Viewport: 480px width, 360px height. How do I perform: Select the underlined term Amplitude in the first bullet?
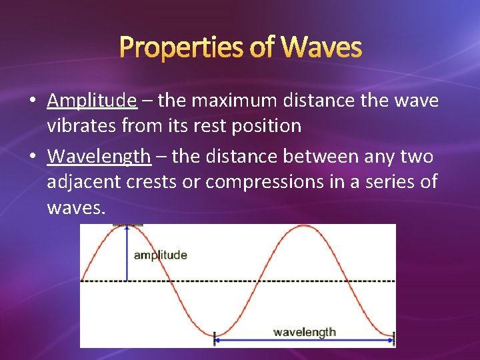pyautogui.click(x=92, y=101)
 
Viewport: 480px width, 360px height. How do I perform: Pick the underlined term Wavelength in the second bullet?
pyautogui.click(x=99, y=157)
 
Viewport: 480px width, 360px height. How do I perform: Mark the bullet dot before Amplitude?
pyautogui.click(x=32, y=101)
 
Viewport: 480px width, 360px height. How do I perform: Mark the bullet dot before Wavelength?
pyautogui.click(x=32, y=157)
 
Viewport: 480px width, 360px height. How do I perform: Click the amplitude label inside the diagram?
pyautogui.click(x=160, y=255)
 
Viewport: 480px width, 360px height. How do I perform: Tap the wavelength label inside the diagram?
pyautogui.click(x=305, y=331)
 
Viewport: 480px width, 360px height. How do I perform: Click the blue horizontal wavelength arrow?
pyautogui.click(x=305, y=341)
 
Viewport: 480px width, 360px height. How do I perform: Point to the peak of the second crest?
pyautogui.click(x=304, y=227)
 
